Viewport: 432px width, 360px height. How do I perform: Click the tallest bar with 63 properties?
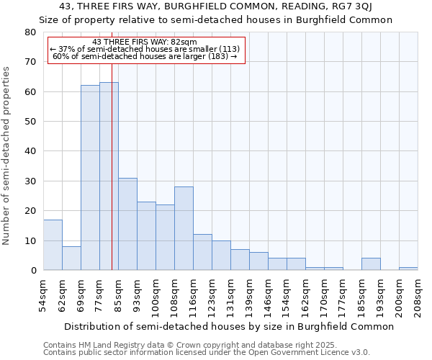click(x=109, y=176)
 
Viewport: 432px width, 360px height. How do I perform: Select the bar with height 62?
click(x=90, y=178)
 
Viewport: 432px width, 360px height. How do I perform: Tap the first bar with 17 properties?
click(x=53, y=245)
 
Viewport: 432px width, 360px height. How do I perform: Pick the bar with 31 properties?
click(x=127, y=224)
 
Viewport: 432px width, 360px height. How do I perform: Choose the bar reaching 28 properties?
click(x=184, y=228)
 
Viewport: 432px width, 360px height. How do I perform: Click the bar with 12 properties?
click(x=202, y=252)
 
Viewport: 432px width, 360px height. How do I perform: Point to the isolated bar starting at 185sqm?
click(x=371, y=264)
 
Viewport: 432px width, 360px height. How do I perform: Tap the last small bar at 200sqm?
click(x=408, y=269)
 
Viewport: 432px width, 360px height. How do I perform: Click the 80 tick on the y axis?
click(x=30, y=32)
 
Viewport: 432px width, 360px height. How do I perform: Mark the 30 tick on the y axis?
click(x=30, y=181)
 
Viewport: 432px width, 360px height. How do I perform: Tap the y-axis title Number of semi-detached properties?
click(x=7, y=156)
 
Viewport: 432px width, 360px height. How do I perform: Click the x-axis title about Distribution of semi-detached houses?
click(x=229, y=326)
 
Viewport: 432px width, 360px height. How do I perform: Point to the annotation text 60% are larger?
click(x=145, y=56)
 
